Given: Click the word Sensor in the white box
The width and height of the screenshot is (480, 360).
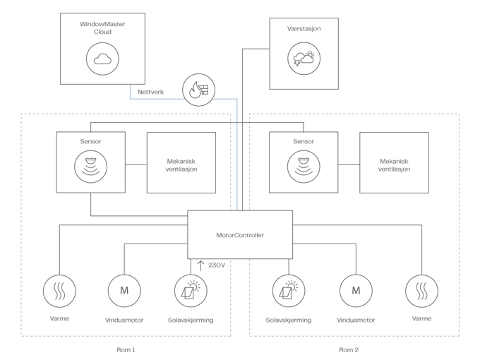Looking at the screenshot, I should tap(91, 141).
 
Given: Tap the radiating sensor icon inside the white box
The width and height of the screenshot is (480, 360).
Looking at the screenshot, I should tap(91, 167).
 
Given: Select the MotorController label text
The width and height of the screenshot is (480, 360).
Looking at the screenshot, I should tap(240, 235).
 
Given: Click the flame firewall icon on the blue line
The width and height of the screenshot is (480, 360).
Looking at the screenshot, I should tap(197, 89).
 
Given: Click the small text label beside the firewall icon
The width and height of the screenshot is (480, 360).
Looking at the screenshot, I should tap(150, 91).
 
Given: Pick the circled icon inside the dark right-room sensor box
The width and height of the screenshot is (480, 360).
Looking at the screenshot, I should tap(304, 167).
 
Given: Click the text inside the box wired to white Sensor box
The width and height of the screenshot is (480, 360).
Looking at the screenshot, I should tap(181, 164).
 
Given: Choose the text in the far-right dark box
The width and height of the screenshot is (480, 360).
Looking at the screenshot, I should tap(394, 164).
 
